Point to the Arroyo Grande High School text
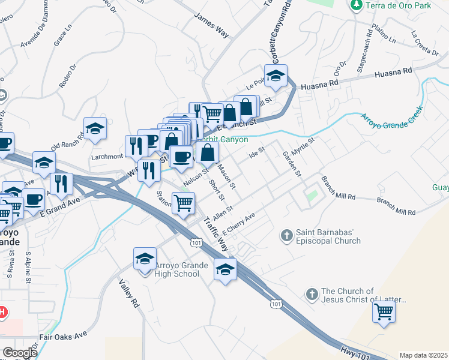click(177, 269)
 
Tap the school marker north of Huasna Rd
click(276, 76)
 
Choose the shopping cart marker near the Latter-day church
click(384, 312)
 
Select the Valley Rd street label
click(128, 293)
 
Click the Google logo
click(19, 352)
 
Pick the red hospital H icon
click(2, 312)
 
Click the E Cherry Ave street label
click(239, 224)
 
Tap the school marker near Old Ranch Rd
click(95, 128)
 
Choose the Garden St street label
click(291, 163)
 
